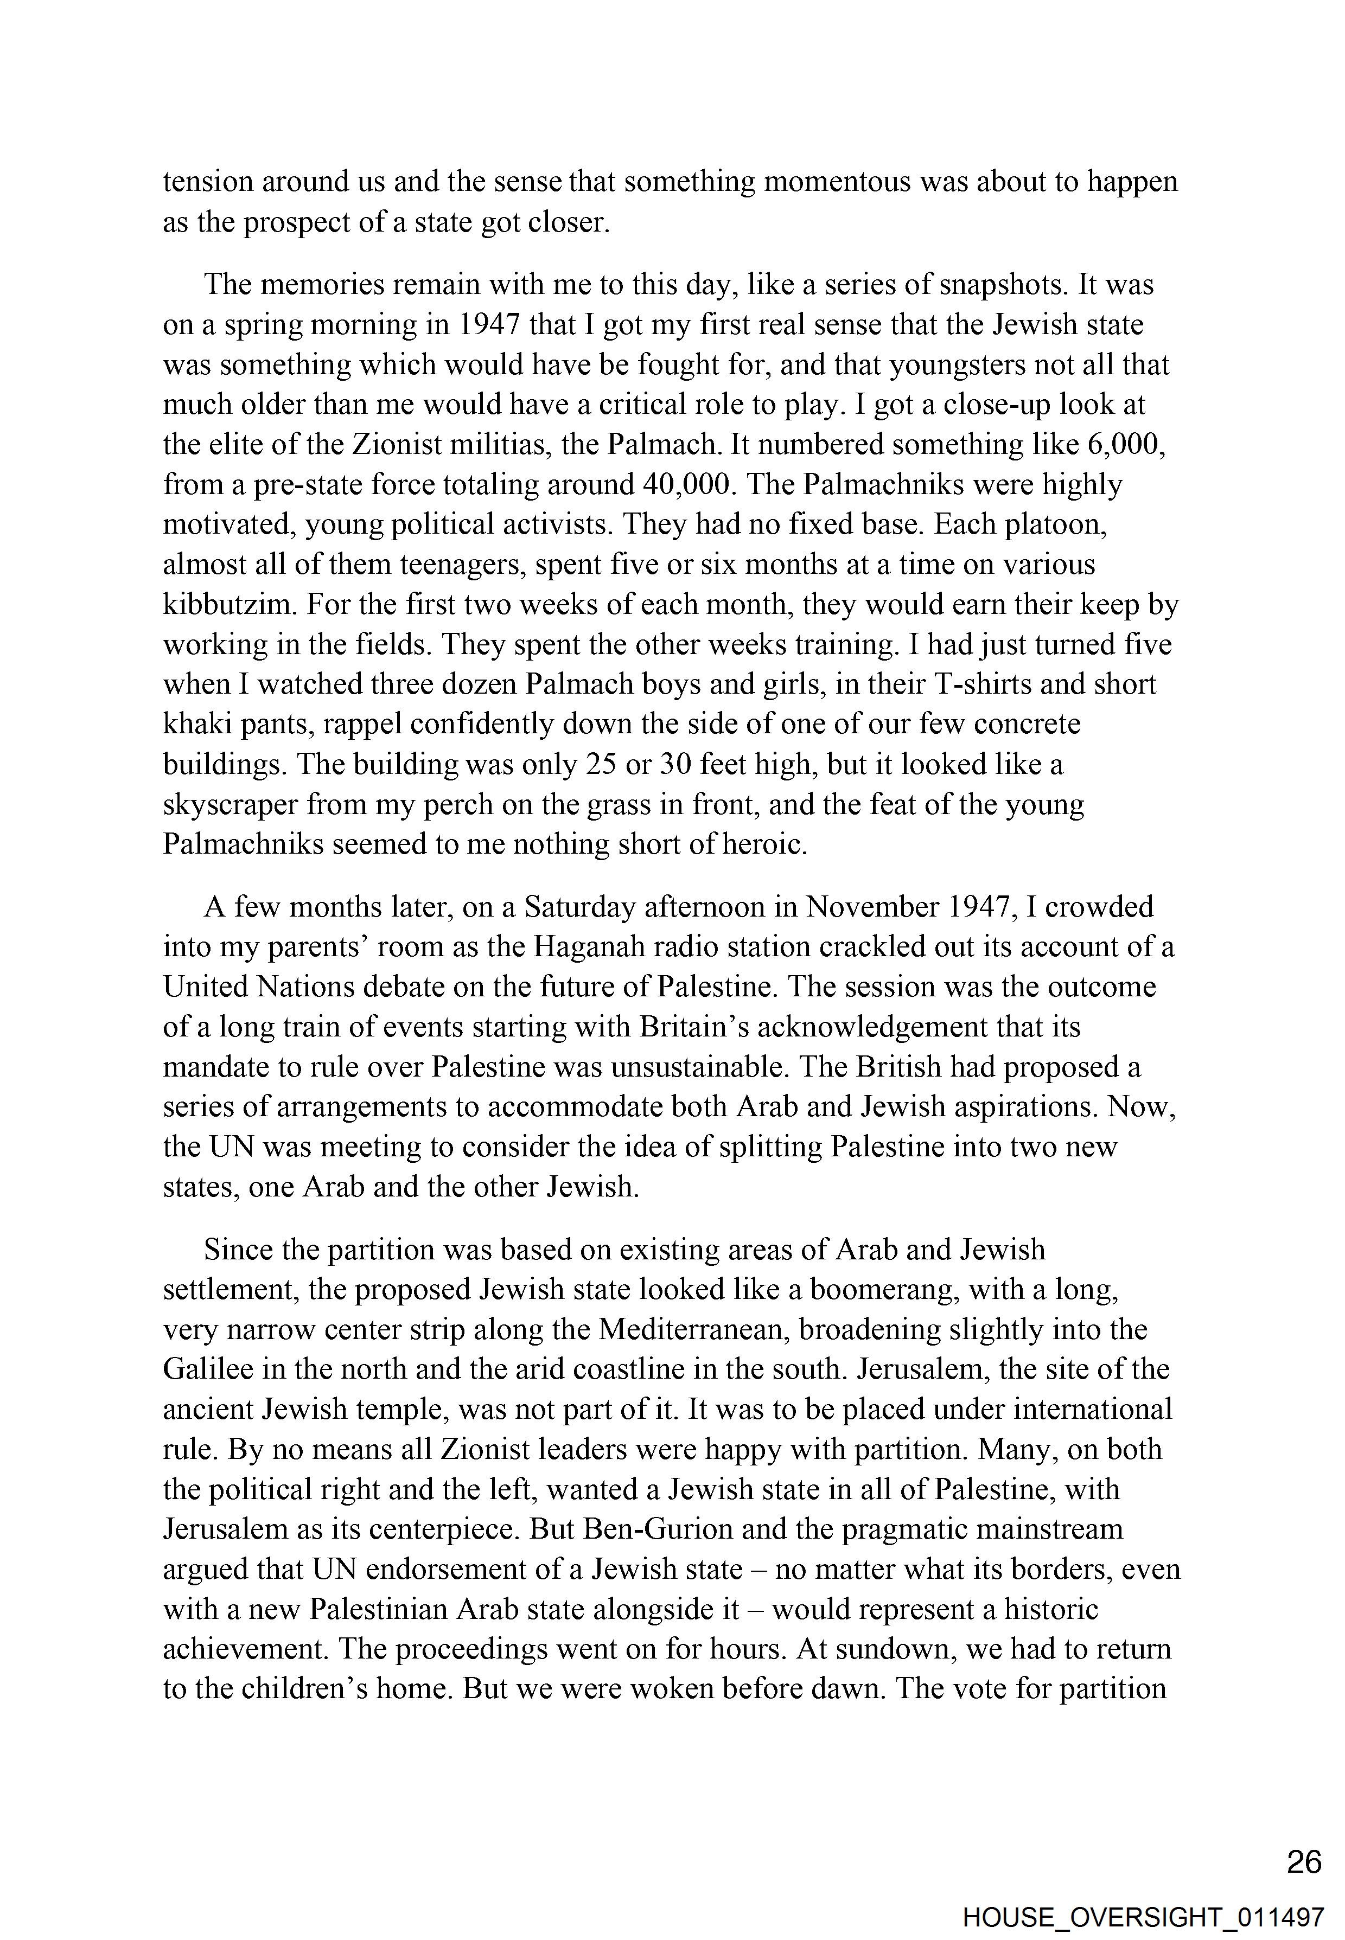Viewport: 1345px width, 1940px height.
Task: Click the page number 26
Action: (1304, 1862)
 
